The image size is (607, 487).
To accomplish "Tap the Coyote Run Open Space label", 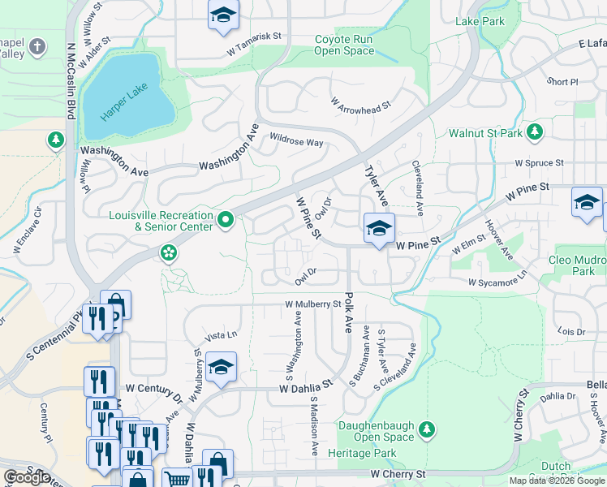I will pyautogui.click(x=345, y=45).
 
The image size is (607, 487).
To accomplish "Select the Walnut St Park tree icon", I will pyautogui.click(x=535, y=131).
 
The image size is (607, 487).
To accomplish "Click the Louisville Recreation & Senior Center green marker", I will pyautogui.click(x=227, y=218).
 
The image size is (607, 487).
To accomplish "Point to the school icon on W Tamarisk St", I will pyautogui.click(x=222, y=15).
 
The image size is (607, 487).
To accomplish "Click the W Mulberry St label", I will pyautogui.click(x=312, y=304).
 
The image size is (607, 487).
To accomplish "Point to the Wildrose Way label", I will pyautogui.click(x=296, y=140).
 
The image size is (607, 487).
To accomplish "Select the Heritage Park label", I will pyautogui.click(x=363, y=452).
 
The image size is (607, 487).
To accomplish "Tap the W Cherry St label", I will pyautogui.click(x=398, y=474).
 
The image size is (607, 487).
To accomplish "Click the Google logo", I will pyautogui.click(x=27, y=477).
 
